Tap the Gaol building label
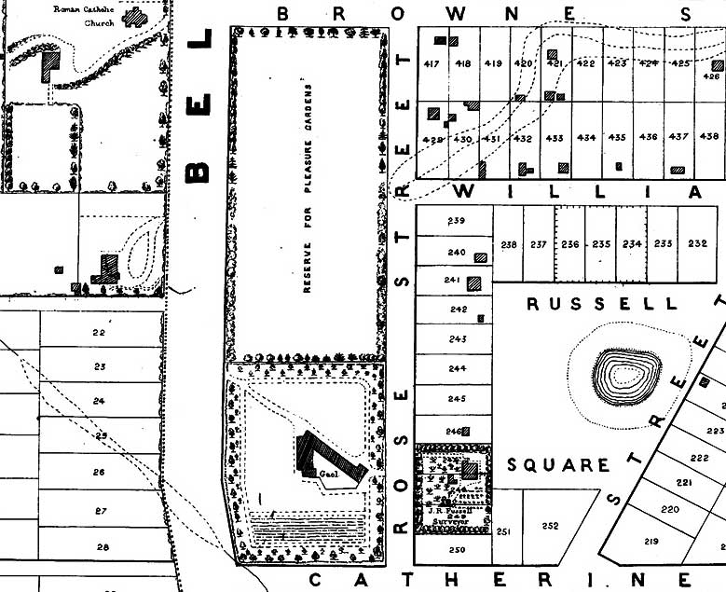click(x=327, y=474)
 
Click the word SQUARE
click(x=559, y=464)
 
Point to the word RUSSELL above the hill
click(x=602, y=305)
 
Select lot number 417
click(x=431, y=63)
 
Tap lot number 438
click(x=709, y=137)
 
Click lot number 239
click(x=456, y=221)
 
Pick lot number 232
click(x=697, y=244)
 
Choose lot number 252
click(x=550, y=526)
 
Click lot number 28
click(x=103, y=547)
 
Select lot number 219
click(x=651, y=542)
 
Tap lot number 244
click(x=457, y=369)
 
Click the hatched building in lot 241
click(x=476, y=282)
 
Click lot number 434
click(x=586, y=138)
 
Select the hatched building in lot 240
click(x=481, y=257)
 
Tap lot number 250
click(x=456, y=550)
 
